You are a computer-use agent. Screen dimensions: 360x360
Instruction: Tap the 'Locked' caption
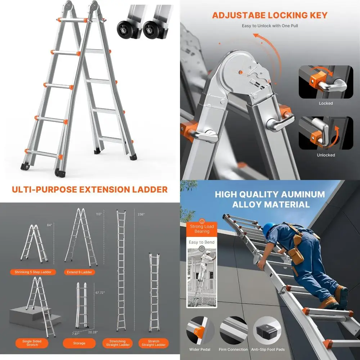(326, 103)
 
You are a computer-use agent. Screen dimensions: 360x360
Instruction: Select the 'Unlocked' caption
(326, 155)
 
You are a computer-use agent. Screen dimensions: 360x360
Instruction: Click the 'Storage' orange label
(79, 343)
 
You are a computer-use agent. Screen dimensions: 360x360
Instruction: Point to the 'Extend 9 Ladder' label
(80, 272)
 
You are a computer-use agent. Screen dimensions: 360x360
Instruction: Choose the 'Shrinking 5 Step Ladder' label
(33, 272)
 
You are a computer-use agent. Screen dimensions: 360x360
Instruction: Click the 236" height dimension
(141, 214)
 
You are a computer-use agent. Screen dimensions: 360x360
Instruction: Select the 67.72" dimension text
(100, 293)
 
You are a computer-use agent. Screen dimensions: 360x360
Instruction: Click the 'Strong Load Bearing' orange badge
(202, 229)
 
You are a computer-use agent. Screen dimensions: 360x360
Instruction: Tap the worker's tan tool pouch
(297, 254)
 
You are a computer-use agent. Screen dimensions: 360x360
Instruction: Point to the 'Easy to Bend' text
(202, 242)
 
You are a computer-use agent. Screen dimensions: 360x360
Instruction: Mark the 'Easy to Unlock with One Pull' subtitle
(270, 26)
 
